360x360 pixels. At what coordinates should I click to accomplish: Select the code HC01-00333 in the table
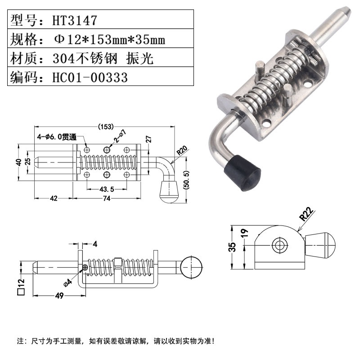pos(90,77)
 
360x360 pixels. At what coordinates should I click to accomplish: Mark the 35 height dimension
pos(232,247)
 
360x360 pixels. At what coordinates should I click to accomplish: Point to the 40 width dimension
pos(19,162)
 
